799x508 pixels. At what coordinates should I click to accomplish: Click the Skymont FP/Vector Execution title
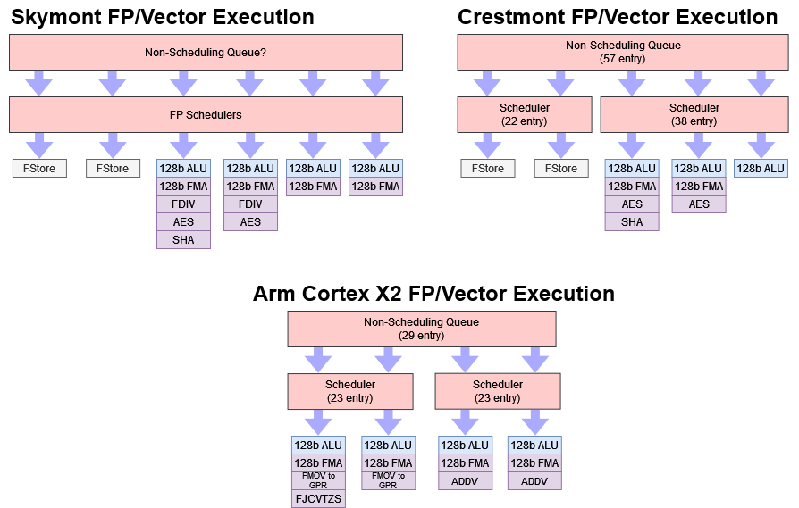tap(163, 17)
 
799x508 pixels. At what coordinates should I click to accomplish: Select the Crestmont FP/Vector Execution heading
tap(618, 17)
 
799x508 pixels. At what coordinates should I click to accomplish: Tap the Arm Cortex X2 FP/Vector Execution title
tap(433, 294)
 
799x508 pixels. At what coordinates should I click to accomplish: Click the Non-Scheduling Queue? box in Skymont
tap(206, 53)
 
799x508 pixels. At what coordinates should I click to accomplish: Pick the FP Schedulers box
tap(206, 115)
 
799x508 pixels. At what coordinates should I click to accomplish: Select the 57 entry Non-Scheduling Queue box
tap(623, 53)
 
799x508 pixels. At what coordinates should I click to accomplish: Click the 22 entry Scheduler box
tap(525, 115)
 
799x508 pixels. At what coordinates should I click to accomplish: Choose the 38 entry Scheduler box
tap(694, 115)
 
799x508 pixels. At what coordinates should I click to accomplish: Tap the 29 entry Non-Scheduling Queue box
tap(421, 329)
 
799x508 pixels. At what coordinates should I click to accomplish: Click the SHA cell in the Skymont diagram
tap(183, 239)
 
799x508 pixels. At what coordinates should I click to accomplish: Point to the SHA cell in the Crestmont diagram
tap(632, 222)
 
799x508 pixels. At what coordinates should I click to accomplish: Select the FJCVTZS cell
tap(318, 498)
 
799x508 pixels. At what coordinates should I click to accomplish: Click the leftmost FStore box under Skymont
tap(39, 169)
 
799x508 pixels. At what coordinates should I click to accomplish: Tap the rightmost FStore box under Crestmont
tap(561, 169)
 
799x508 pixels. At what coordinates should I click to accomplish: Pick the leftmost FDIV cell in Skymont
tap(183, 204)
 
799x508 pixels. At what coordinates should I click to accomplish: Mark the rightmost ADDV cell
tap(534, 480)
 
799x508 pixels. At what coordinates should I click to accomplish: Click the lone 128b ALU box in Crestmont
tap(761, 169)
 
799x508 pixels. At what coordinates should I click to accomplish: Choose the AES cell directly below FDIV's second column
tap(250, 222)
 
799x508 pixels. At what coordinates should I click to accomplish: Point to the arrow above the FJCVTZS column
tap(318, 421)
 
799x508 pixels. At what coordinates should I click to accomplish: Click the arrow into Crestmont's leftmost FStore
tap(488, 144)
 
